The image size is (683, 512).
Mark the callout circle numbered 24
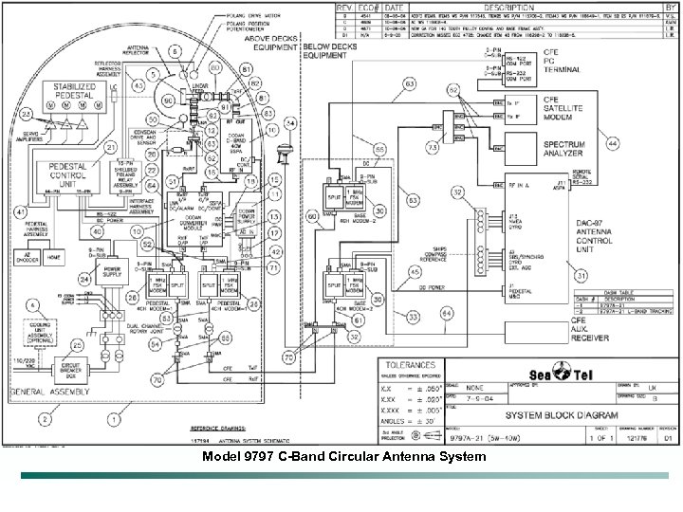tap(84, 279)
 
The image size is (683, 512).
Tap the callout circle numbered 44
tap(614, 142)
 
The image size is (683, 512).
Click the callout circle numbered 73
tap(434, 149)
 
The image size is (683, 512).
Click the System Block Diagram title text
tap(561, 415)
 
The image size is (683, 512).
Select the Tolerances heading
tap(411, 365)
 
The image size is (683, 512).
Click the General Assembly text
tap(43, 391)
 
